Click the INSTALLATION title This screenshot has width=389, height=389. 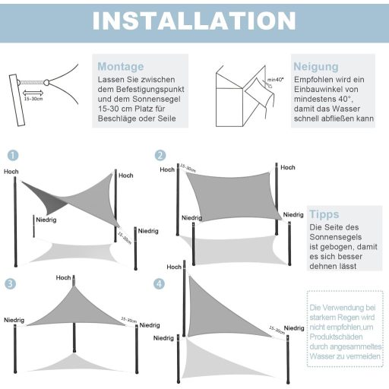coord(194,21)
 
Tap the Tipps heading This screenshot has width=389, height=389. coord(324,214)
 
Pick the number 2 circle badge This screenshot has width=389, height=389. coord(160,155)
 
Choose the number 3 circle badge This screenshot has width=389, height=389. coord(11,283)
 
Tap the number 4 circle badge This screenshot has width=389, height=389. coord(159,283)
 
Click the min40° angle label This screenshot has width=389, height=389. coord(275,79)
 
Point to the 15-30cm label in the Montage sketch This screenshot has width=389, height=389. coord(33,98)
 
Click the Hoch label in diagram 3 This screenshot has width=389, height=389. coord(63,278)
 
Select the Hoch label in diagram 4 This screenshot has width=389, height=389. coord(174,267)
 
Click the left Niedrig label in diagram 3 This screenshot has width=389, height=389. coord(14,320)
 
